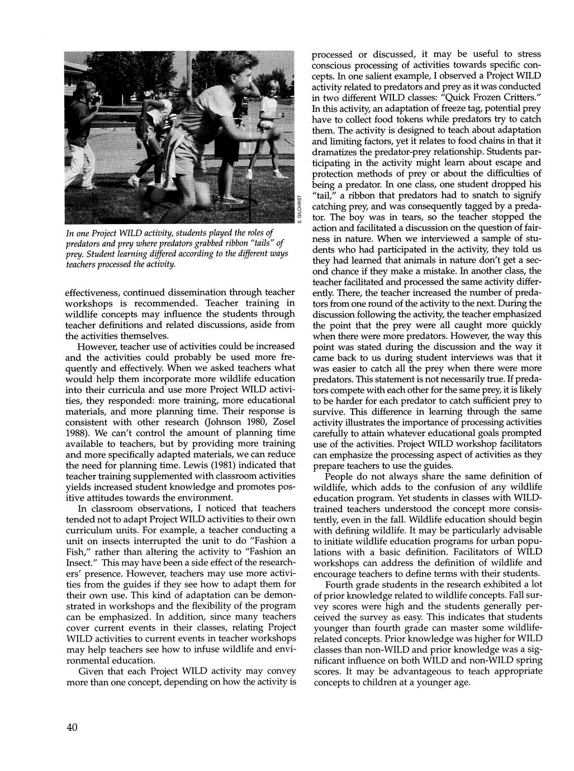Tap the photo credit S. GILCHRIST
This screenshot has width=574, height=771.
300,209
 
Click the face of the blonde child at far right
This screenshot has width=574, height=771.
273,88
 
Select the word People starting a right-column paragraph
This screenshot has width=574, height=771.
342,476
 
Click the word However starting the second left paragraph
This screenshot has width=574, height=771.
99,346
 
